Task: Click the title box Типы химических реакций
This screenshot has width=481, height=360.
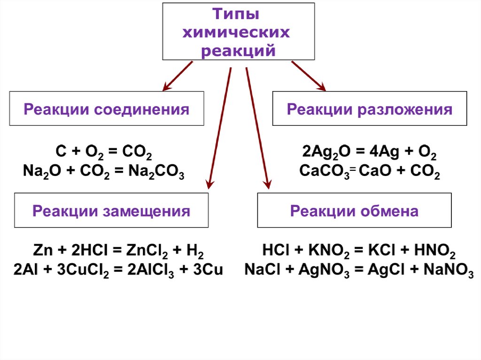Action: [x=238, y=31]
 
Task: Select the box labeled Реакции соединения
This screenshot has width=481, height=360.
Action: [x=107, y=108]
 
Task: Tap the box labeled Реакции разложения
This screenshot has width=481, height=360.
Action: [x=370, y=108]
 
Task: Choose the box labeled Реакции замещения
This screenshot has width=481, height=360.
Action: [x=111, y=210]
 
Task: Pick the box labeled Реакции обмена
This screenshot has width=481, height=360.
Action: [x=354, y=210]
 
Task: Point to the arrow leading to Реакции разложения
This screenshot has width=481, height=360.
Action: [x=308, y=76]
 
